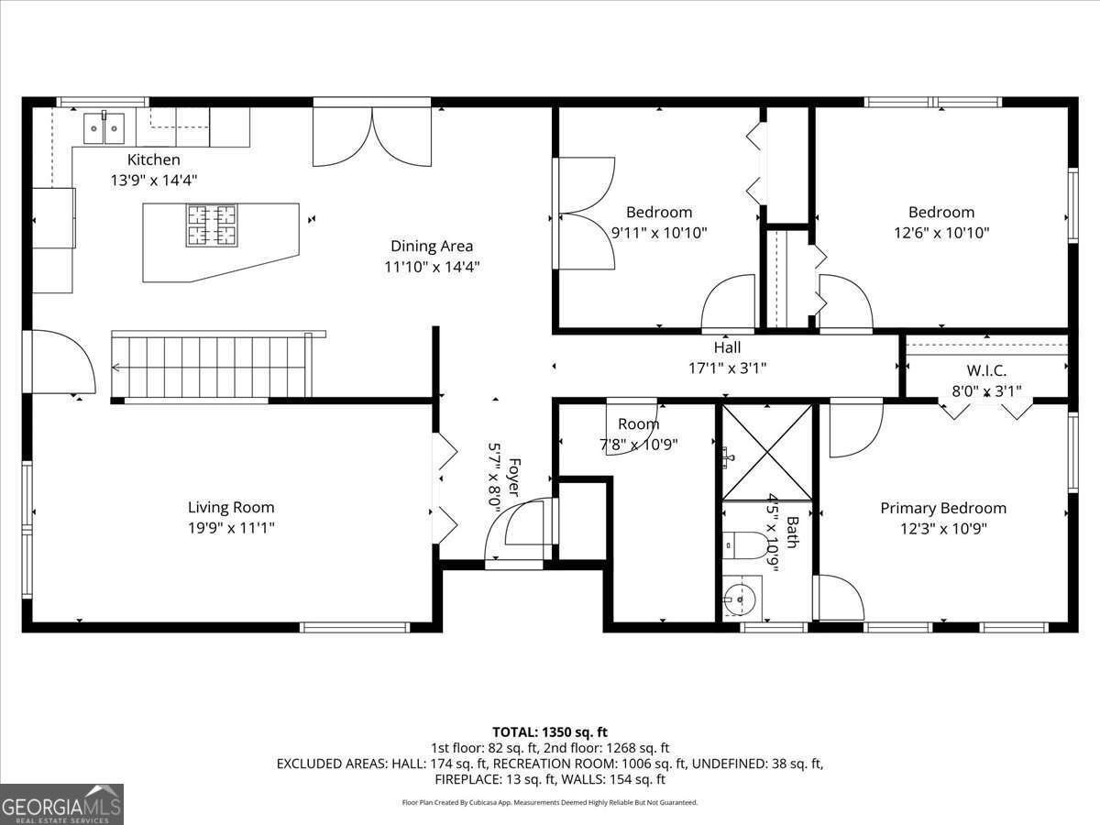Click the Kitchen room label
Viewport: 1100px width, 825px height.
(153, 159)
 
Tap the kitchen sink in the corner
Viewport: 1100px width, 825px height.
(104, 128)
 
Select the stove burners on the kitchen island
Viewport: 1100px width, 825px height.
(212, 225)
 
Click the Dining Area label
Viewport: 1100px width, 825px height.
(432, 246)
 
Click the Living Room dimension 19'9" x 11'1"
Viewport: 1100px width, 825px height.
(231, 528)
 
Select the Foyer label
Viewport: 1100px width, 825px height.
(514, 477)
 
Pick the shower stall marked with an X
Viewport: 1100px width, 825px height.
(766, 453)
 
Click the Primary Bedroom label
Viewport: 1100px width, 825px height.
(943, 508)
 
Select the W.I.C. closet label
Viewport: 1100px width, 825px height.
(986, 371)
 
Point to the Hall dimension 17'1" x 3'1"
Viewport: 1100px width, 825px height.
(727, 368)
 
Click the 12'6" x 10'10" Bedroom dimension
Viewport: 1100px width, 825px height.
(941, 233)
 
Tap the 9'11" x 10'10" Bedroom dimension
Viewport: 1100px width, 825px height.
(659, 233)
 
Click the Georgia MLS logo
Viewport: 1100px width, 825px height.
(61, 804)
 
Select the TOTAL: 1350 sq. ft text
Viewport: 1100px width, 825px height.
(550, 731)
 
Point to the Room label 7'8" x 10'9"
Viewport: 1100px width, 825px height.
(638, 424)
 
